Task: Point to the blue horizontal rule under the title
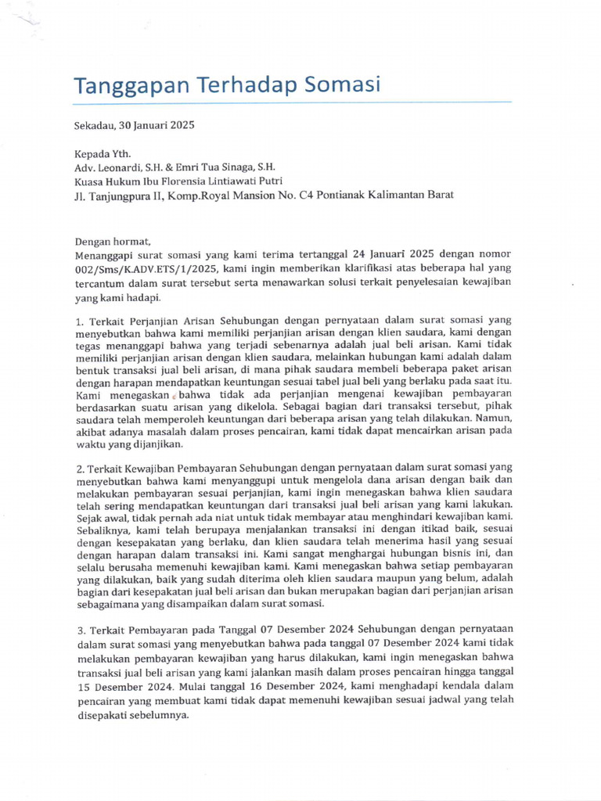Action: coord(293,102)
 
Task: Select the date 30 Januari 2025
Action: coord(157,125)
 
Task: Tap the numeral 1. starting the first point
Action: coord(79,321)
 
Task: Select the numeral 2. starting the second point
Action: coord(80,467)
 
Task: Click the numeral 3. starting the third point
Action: coord(80,629)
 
